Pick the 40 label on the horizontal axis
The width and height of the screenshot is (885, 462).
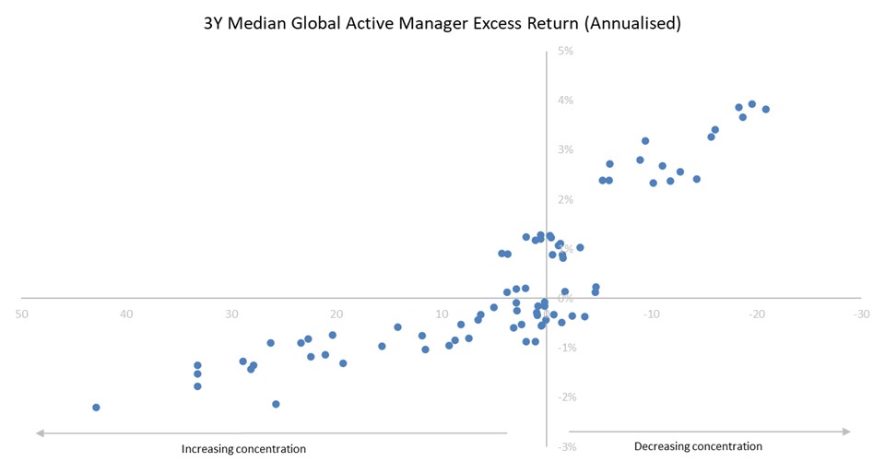point(127,314)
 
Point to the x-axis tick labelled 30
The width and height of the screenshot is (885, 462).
point(232,314)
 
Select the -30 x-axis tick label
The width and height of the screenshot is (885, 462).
point(861,314)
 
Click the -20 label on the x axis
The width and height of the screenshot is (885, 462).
point(756,314)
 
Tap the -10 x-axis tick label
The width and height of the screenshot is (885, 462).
point(651,314)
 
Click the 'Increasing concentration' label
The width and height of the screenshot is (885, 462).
point(243,449)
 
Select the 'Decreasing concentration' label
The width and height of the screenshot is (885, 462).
point(698,446)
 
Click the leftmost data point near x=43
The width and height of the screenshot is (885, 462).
point(96,408)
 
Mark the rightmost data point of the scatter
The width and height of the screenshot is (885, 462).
point(765,109)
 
